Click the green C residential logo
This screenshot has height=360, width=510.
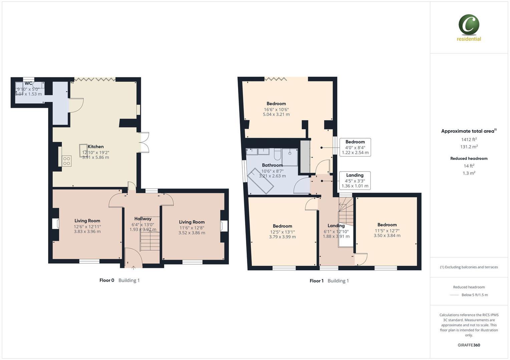click(x=469, y=25)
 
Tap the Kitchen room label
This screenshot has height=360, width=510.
click(x=96, y=147)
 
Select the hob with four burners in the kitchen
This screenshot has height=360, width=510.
click(x=66, y=161)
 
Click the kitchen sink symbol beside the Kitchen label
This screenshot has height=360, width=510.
click(x=83, y=150)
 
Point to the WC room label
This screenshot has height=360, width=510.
click(x=28, y=83)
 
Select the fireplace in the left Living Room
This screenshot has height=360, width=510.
click(x=55, y=224)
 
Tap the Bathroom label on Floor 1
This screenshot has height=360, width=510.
click(x=272, y=165)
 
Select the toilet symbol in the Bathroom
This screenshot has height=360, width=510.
click(x=277, y=155)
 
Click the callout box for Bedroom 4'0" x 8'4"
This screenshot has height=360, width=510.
click(x=355, y=147)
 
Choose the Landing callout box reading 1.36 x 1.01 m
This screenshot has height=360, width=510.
click(x=355, y=180)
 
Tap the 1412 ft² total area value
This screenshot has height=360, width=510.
click(x=469, y=140)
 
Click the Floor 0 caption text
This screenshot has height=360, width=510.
click(x=107, y=280)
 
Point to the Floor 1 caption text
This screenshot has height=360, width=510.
click(x=316, y=281)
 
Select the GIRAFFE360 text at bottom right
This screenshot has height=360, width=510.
click(x=469, y=345)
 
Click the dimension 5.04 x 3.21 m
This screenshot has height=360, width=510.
click(x=276, y=114)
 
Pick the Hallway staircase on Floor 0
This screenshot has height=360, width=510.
click(x=150, y=241)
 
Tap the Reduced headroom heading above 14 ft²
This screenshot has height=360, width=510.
click(x=469, y=159)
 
